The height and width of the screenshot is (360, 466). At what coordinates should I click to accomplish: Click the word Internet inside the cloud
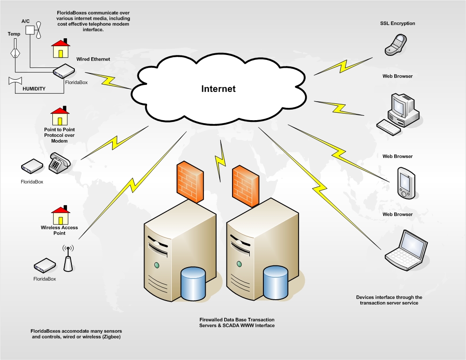[218, 88]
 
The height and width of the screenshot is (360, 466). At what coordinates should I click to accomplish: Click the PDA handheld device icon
[405, 182]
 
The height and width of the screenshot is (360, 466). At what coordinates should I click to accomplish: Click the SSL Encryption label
[398, 23]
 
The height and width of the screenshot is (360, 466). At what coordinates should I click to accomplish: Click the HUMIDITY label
[35, 88]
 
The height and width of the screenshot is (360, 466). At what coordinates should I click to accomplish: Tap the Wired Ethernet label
[93, 59]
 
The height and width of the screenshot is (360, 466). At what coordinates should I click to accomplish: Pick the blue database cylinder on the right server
[275, 282]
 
